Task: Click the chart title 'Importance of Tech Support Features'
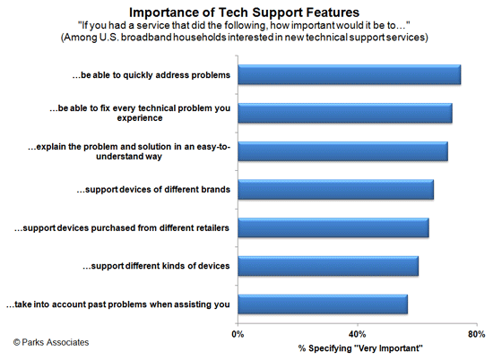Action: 246,13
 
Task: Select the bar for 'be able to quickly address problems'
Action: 350,75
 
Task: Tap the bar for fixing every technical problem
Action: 345,113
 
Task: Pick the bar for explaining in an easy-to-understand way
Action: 342,151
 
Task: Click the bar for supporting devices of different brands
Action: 336,190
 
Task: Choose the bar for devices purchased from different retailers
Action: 333,228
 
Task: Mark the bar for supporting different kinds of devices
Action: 328,267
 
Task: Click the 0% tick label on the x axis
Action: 238,333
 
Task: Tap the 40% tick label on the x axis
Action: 358,333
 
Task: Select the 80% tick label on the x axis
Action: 477,333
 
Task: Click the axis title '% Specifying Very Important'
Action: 358,347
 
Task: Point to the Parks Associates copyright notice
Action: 51,342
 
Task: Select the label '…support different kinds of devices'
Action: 156,267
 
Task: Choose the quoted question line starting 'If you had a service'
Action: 246,26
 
